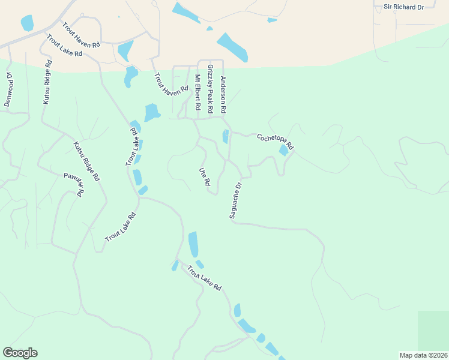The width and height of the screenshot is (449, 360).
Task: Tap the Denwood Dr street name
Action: tap(9, 89)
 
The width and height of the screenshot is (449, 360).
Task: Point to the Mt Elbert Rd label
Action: tap(197, 92)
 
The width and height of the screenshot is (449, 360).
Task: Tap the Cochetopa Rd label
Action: tap(275, 141)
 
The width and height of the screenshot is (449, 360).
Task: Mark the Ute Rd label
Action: tap(204, 176)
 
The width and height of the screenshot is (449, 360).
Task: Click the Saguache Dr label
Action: tap(235, 200)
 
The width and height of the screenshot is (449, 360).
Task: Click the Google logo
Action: tap(20, 352)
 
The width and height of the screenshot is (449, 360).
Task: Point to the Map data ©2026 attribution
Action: tap(423, 355)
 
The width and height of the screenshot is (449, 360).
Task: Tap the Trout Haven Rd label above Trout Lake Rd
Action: tap(81, 35)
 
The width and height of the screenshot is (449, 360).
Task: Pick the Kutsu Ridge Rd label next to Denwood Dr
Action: tap(47, 82)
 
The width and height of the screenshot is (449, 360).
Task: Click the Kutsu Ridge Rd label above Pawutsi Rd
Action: tap(86, 161)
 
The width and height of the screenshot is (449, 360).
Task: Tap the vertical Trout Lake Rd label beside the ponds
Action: tap(133, 146)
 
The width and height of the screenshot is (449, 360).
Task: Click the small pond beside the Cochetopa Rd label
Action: tap(283, 151)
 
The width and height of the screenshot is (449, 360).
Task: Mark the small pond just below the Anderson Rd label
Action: tap(226, 136)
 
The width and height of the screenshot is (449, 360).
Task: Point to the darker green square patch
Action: tap(433, 330)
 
